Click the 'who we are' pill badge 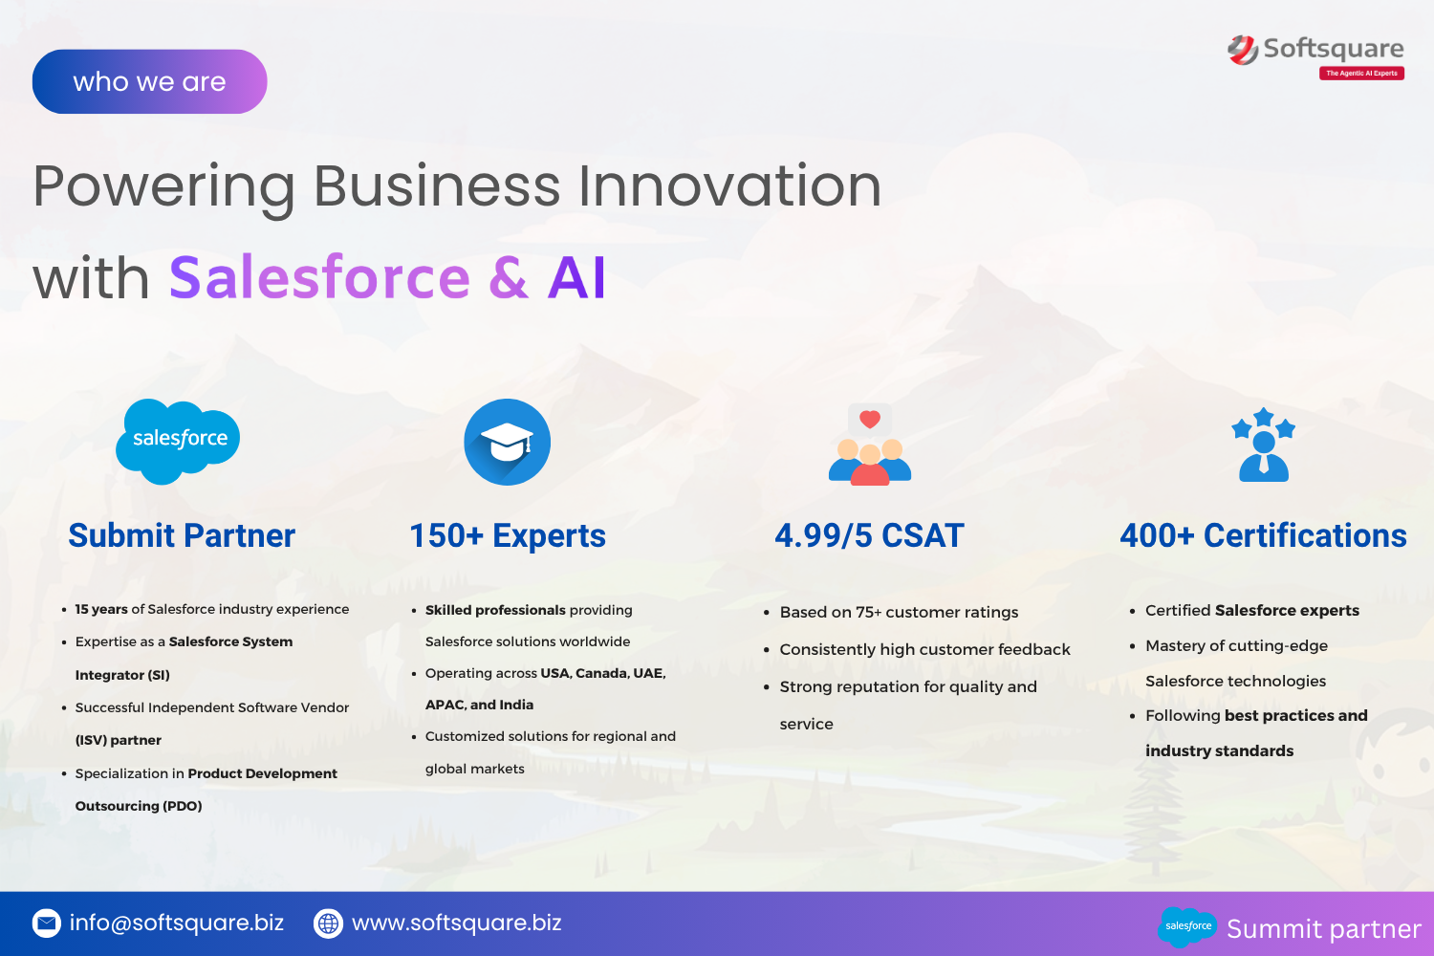tap(150, 82)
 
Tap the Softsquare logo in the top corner tap(1315, 57)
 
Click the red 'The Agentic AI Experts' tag tap(1361, 73)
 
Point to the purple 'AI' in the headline tap(576, 278)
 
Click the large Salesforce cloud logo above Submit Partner tap(178, 441)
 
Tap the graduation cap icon tap(507, 442)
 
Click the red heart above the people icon tap(869, 420)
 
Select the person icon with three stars tap(1264, 445)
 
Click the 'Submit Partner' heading tap(182, 535)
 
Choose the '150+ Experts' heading tap(508, 535)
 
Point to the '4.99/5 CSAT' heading tap(869, 535)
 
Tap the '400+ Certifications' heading tap(1263, 535)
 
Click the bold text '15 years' tap(101, 609)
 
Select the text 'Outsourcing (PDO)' tap(139, 806)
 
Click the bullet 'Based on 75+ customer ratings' tap(899, 612)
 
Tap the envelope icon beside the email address tap(47, 923)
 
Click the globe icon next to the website tap(329, 923)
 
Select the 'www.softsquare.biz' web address tap(456, 923)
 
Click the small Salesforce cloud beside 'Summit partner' tap(1187, 926)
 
